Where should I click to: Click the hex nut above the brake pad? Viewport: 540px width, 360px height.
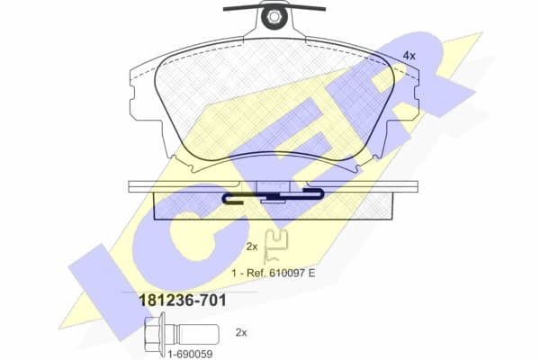click(272, 15)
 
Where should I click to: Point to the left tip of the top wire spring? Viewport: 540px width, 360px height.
click(225, 8)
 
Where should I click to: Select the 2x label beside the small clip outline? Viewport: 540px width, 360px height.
click(252, 246)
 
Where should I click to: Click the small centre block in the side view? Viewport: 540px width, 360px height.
click(274, 188)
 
